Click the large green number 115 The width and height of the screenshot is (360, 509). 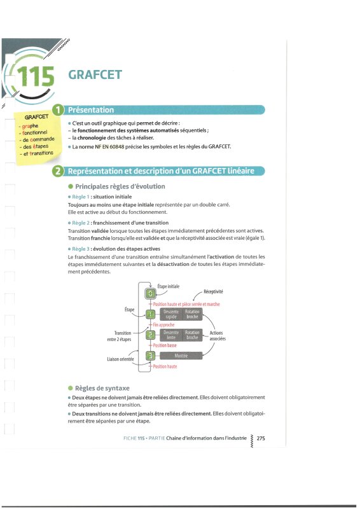point(36,76)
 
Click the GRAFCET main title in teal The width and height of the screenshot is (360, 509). point(95,74)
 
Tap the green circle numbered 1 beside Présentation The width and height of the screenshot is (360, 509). point(58,109)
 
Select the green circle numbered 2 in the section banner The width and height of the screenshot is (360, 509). point(58,171)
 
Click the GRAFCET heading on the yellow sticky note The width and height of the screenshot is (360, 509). point(36,117)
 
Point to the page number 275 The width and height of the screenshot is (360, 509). point(261,438)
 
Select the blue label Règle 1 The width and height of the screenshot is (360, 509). point(81,197)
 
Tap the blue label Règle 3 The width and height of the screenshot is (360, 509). point(81,249)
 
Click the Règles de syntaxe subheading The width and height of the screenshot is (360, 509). point(102,388)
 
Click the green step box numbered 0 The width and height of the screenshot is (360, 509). point(150,293)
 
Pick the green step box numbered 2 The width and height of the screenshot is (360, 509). point(150,335)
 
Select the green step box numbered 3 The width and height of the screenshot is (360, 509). point(150,356)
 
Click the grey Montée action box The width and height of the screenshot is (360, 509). point(181,356)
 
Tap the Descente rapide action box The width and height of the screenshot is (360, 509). point(171,314)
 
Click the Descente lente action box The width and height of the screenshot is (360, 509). point(171,335)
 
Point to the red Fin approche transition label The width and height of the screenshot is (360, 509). point(163,324)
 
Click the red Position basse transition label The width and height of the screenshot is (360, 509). point(165,345)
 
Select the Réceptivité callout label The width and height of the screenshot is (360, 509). point(213,291)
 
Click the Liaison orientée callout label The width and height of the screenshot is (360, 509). point(120,359)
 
